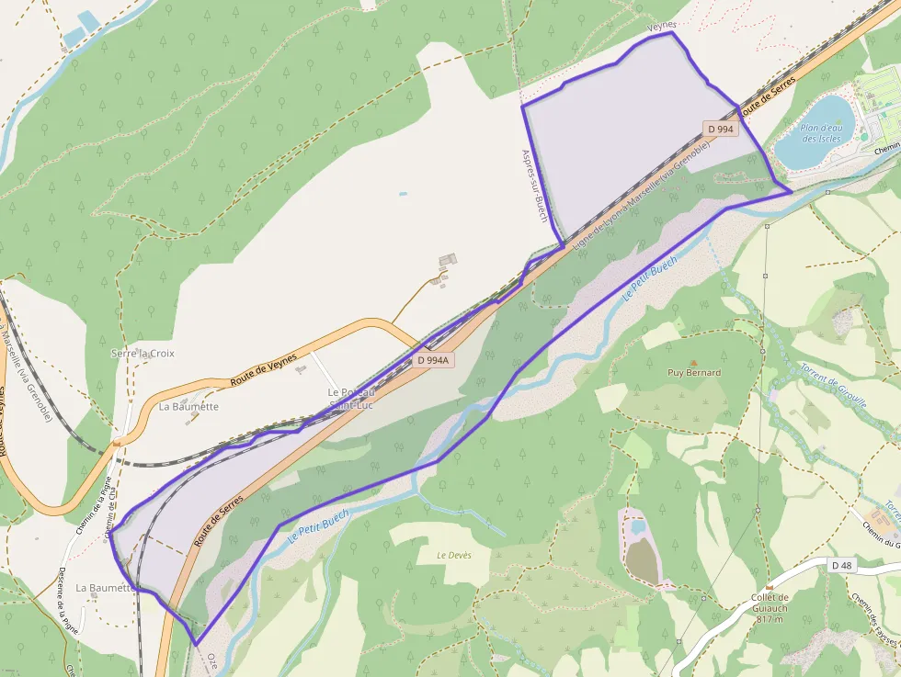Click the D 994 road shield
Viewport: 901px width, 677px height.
click(722, 130)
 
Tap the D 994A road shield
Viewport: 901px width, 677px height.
click(432, 360)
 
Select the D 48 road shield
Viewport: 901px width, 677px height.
click(841, 564)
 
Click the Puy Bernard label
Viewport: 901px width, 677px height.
click(694, 373)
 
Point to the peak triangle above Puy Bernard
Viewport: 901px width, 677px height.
click(693, 362)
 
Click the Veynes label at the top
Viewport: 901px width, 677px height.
click(662, 26)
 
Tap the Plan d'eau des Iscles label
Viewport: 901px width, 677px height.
click(821, 133)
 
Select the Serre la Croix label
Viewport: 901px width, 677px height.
click(143, 353)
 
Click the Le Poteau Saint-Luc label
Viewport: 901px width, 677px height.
click(351, 398)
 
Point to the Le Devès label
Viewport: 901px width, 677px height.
click(452, 555)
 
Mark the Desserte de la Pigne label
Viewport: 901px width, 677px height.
click(67, 598)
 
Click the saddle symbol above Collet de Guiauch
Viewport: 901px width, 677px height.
click(770, 586)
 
